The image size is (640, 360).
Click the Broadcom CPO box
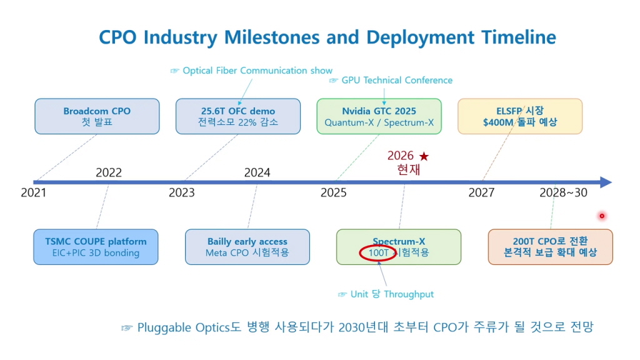(97, 116)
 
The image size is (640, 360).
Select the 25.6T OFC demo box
(238, 116)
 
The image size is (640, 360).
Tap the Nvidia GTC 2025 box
(379, 116)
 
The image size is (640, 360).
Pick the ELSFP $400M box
(520, 116)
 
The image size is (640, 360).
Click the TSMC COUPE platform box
(96, 247)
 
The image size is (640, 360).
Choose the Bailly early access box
(247, 247)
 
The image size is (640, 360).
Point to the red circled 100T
(378, 253)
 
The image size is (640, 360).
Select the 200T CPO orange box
(550, 247)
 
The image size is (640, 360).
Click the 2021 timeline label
(34, 192)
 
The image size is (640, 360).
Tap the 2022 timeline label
(109, 172)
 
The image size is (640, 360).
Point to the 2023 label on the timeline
(182, 192)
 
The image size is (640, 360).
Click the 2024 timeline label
(257, 172)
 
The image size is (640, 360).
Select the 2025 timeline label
(334, 192)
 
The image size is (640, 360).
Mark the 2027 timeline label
(481, 192)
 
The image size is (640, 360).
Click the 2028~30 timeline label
(563, 192)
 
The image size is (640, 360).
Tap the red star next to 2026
(424, 156)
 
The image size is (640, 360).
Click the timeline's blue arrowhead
(606, 182)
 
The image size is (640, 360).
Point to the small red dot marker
(602, 216)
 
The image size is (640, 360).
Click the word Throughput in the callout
(409, 294)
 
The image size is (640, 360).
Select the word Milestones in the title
(272, 37)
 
